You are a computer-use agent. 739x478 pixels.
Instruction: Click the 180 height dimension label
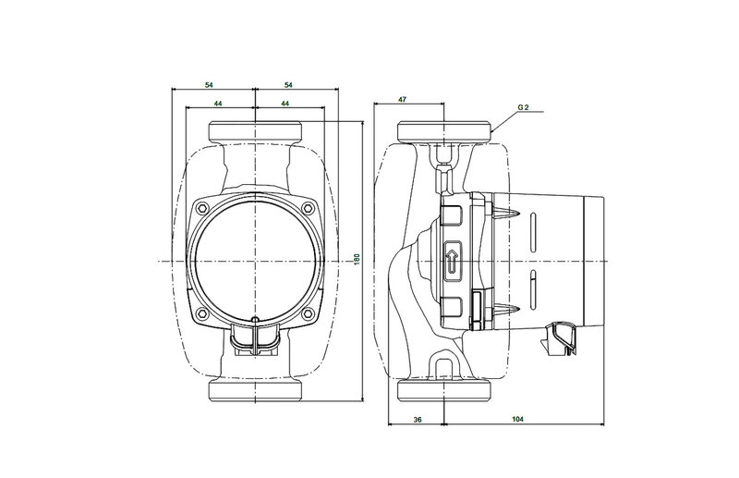pos(357,259)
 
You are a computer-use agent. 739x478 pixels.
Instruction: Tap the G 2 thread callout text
pos(523,107)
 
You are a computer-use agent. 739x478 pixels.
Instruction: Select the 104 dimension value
pos(518,419)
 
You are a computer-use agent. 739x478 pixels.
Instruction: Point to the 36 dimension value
pos(418,419)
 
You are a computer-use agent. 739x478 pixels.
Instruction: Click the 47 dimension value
pos(402,100)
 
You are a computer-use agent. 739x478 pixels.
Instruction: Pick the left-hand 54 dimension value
pos(209,85)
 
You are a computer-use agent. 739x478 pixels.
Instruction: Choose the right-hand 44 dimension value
pos(285,104)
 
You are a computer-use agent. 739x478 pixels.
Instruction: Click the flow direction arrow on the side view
pos(452,263)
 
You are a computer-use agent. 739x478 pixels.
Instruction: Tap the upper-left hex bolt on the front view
pos(202,208)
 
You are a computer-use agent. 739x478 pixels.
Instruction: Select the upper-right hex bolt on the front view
pos(308,208)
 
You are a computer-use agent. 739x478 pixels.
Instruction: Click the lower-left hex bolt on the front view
pos(202,313)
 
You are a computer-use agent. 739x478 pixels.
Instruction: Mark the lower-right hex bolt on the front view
pos(308,313)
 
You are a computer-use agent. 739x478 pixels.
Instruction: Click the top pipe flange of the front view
pos(255,131)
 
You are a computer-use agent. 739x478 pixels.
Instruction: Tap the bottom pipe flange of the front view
pos(255,390)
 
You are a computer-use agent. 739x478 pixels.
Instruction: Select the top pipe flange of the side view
pos(444,131)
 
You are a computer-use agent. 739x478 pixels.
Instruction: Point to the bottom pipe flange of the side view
pos(444,390)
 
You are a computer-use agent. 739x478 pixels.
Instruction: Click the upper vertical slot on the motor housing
pos(533,232)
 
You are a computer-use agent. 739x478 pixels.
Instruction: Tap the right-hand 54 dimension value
pos(288,85)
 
